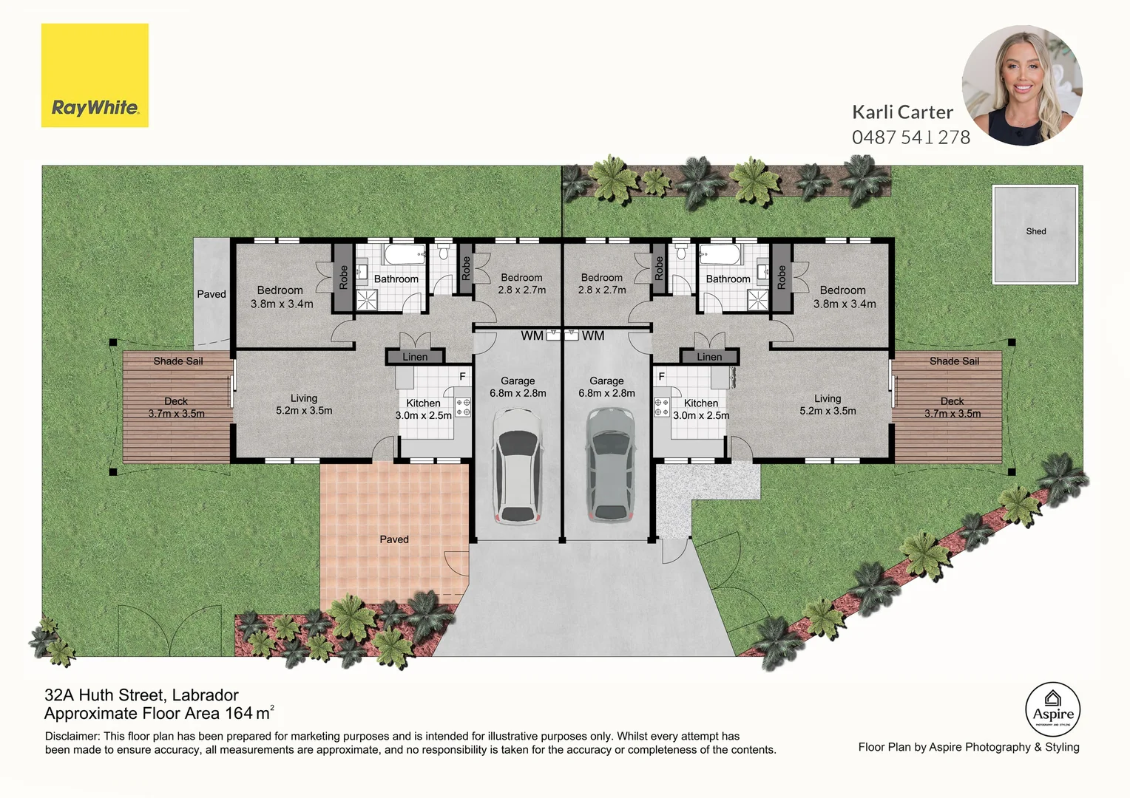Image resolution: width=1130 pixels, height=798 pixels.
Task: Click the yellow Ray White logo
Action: click(x=95, y=75)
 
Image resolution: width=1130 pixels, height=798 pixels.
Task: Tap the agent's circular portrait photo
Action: click(x=1022, y=85)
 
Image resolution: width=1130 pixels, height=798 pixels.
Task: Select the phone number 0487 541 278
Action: click(x=911, y=137)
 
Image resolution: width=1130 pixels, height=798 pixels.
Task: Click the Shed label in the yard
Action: click(x=1035, y=231)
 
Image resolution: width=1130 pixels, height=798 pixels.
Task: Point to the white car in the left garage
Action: click(x=518, y=465)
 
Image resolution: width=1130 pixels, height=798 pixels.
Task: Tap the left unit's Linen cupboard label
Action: click(x=415, y=357)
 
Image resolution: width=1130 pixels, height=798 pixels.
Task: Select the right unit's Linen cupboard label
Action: click(x=709, y=357)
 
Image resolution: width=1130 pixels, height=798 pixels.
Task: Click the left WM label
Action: click(x=532, y=335)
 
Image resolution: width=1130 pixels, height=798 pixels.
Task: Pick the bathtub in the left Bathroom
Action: click(x=405, y=255)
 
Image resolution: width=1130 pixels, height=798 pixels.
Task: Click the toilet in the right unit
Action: click(x=681, y=251)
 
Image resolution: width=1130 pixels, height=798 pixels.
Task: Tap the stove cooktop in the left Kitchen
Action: click(x=463, y=407)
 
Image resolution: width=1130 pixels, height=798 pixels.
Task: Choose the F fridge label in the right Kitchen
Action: click(x=661, y=377)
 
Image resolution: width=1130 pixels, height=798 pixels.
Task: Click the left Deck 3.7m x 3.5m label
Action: click(x=176, y=407)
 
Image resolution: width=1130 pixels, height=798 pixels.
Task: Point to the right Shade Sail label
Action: click(x=954, y=361)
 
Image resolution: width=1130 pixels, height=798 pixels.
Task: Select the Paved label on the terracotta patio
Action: click(x=394, y=539)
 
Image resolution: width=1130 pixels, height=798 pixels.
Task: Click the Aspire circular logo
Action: click(x=1053, y=709)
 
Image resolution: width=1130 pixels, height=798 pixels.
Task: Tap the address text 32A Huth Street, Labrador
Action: click(x=141, y=695)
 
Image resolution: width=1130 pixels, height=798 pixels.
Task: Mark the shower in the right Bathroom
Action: click(x=758, y=300)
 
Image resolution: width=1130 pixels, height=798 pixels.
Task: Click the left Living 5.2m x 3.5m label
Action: click(x=304, y=404)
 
